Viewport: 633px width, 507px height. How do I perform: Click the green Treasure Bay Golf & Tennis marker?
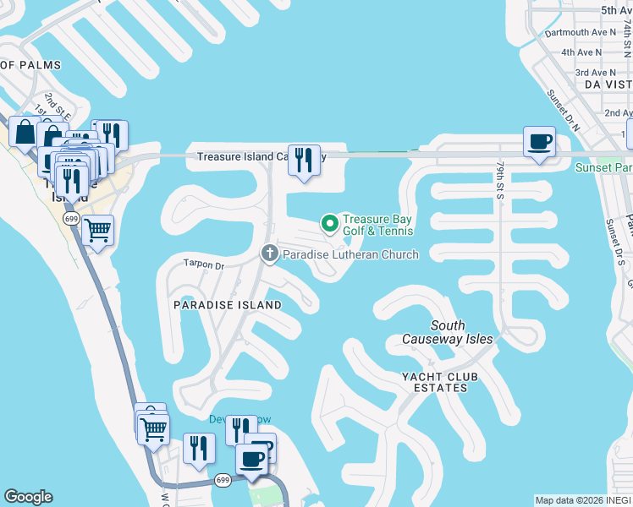coord(329,224)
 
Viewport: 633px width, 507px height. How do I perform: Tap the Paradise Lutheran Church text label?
coord(350,254)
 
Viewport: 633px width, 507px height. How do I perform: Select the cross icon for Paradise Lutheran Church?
coord(270,253)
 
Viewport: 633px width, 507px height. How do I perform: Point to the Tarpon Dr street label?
coord(203,264)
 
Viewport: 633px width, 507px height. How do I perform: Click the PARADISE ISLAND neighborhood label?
coord(228,304)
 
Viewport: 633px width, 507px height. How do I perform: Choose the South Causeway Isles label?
coord(448,332)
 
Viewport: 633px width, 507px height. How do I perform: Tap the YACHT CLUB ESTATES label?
coord(435,382)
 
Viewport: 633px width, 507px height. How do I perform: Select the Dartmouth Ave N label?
coord(575,32)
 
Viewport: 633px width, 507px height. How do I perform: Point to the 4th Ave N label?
coord(582,52)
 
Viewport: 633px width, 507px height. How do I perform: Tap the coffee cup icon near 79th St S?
coord(538,141)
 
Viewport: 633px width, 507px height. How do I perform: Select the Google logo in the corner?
coord(29,497)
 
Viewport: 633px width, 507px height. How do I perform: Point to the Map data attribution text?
coord(583,500)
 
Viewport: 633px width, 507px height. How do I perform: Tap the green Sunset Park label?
coord(603,167)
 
